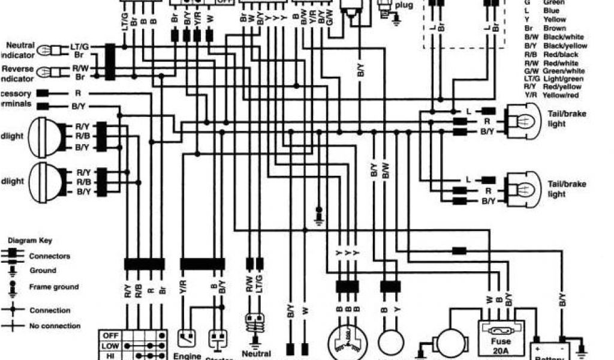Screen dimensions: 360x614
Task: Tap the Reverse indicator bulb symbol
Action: tap(46, 73)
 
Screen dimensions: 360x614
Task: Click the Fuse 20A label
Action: tap(499, 346)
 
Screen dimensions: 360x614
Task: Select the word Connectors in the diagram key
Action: tap(49, 256)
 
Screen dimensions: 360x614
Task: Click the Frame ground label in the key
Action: tap(53, 287)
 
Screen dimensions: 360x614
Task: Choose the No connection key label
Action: tap(55, 326)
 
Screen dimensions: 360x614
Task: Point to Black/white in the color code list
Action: tap(564, 37)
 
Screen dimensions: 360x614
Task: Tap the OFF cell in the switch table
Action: tap(111, 335)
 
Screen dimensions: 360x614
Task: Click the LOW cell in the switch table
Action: tap(111, 346)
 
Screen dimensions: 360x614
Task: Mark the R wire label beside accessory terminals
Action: tap(78, 94)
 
